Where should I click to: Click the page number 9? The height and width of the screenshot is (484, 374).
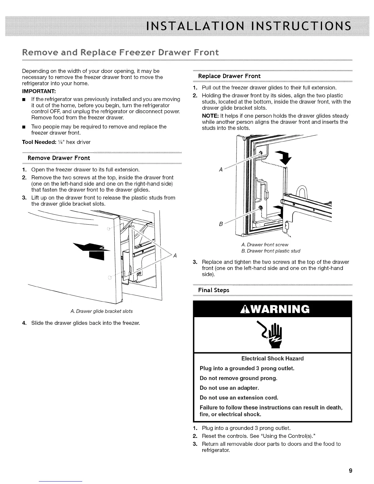coord(350,471)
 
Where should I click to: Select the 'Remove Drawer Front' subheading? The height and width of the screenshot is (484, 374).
coord(59,158)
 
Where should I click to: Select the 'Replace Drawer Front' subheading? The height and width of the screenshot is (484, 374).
coord(229,76)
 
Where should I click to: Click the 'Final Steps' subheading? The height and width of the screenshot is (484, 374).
coord(214,290)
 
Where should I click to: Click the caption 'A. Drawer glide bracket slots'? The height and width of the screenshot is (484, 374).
coord(101,311)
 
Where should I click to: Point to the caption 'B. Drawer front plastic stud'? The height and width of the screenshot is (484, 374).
coord(271,251)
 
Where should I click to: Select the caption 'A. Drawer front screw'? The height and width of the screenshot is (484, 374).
coord(265,244)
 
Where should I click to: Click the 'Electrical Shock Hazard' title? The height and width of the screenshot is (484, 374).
coord(272,358)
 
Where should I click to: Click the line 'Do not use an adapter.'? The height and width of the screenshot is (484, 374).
coord(229,388)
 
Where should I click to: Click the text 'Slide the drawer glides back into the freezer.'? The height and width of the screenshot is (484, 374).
coord(86,323)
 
